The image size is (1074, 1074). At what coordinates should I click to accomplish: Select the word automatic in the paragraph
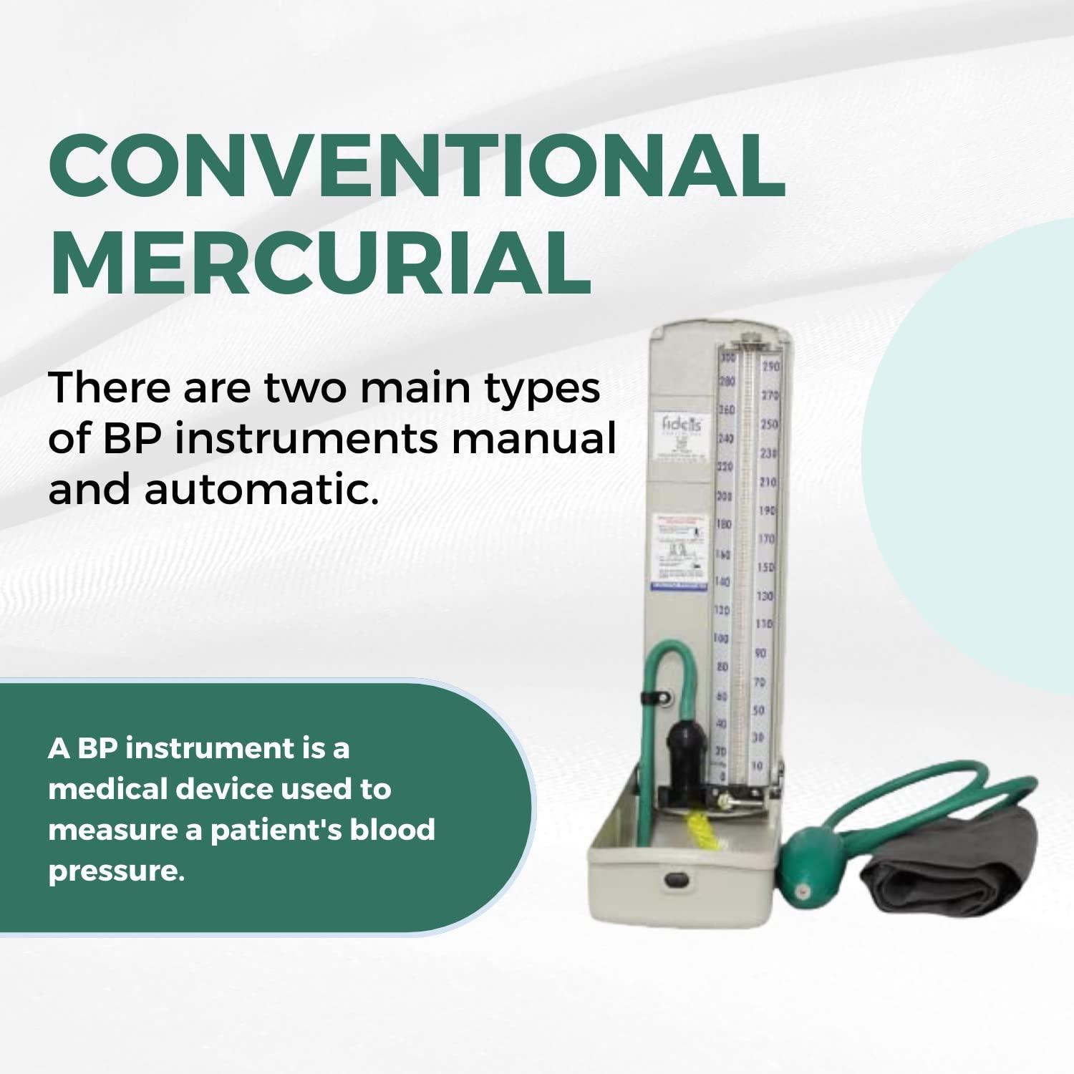click(261, 490)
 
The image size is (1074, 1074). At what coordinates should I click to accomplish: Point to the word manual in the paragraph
click(533, 438)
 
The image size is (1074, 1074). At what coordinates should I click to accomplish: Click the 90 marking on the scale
click(760, 653)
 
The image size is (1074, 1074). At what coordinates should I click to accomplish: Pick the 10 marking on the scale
click(758, 766)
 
